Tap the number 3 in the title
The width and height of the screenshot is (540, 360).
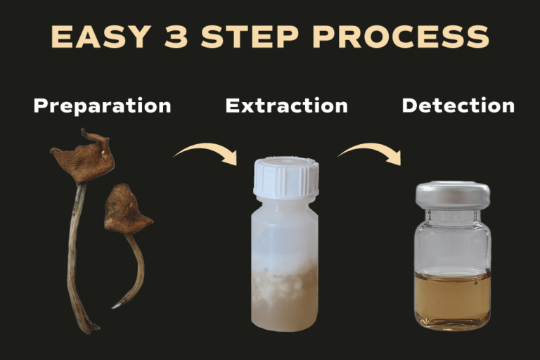click(176, 37)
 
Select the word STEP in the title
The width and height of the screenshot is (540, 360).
click(250, 37)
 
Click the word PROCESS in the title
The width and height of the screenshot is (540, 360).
click(401, 37)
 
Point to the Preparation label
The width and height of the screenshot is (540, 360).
click(102, 105)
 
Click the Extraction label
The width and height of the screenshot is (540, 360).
click(287, 105)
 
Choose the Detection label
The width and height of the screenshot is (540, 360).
click(458, 105)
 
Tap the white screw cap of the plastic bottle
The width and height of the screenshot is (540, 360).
click(286, 178)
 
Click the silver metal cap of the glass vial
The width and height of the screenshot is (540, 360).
click(453, 195)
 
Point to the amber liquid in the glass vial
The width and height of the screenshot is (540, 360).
click(452, 298)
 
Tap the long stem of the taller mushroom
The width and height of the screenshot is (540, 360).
click(75, 255)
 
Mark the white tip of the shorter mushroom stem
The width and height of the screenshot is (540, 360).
click(116, 306)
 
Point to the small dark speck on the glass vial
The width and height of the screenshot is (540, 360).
click(475, 283)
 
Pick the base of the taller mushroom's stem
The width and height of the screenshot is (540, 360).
click(90, 328)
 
